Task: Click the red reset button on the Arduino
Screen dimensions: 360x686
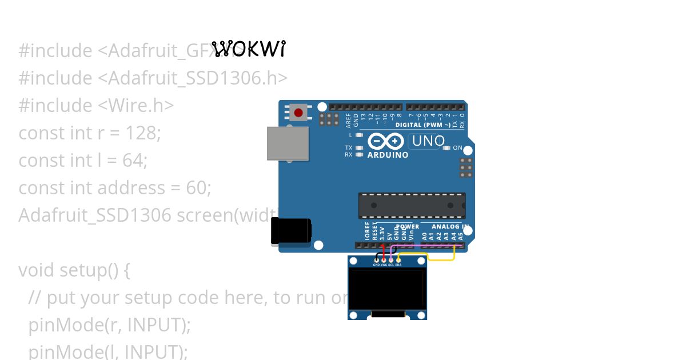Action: pyautogui.click(x=298, y=112)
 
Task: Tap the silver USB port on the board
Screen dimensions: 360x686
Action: pyautogui.click(x=288, y=143)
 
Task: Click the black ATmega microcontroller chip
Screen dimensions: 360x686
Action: pyautogui.click(x=412, y=205)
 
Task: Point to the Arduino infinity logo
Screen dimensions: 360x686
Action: pyautogui.click(x=386, y=141)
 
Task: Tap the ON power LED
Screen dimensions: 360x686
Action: pyautogui.click(x=446, y=148)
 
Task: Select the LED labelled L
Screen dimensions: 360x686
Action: pyautogui.click(x=359, y=135)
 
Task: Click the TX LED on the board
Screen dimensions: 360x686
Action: pyautogui.click(x=359, y=148)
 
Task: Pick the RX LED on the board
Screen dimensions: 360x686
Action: pyautogui.click(x=359, y=154)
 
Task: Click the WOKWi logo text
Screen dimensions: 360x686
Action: pyautogui.click(x=248, y=49)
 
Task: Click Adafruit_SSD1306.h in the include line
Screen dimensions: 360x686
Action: pyautogui.click(x=197, y=78)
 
